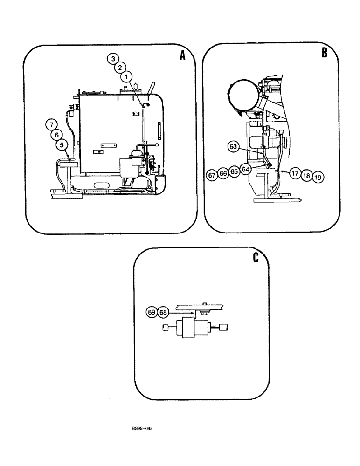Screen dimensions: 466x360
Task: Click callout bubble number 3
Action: click(112, 59)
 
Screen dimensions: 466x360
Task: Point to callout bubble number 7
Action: click(51, 124)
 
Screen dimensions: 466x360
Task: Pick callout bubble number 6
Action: click(56, 135)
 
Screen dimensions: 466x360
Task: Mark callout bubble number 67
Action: click(213, 175)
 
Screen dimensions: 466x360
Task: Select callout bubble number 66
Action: click(223, 173)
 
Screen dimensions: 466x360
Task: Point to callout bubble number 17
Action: click(294, 172)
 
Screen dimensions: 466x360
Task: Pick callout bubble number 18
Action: click(306, 175)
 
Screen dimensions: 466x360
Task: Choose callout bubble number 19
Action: click(318, 177)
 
